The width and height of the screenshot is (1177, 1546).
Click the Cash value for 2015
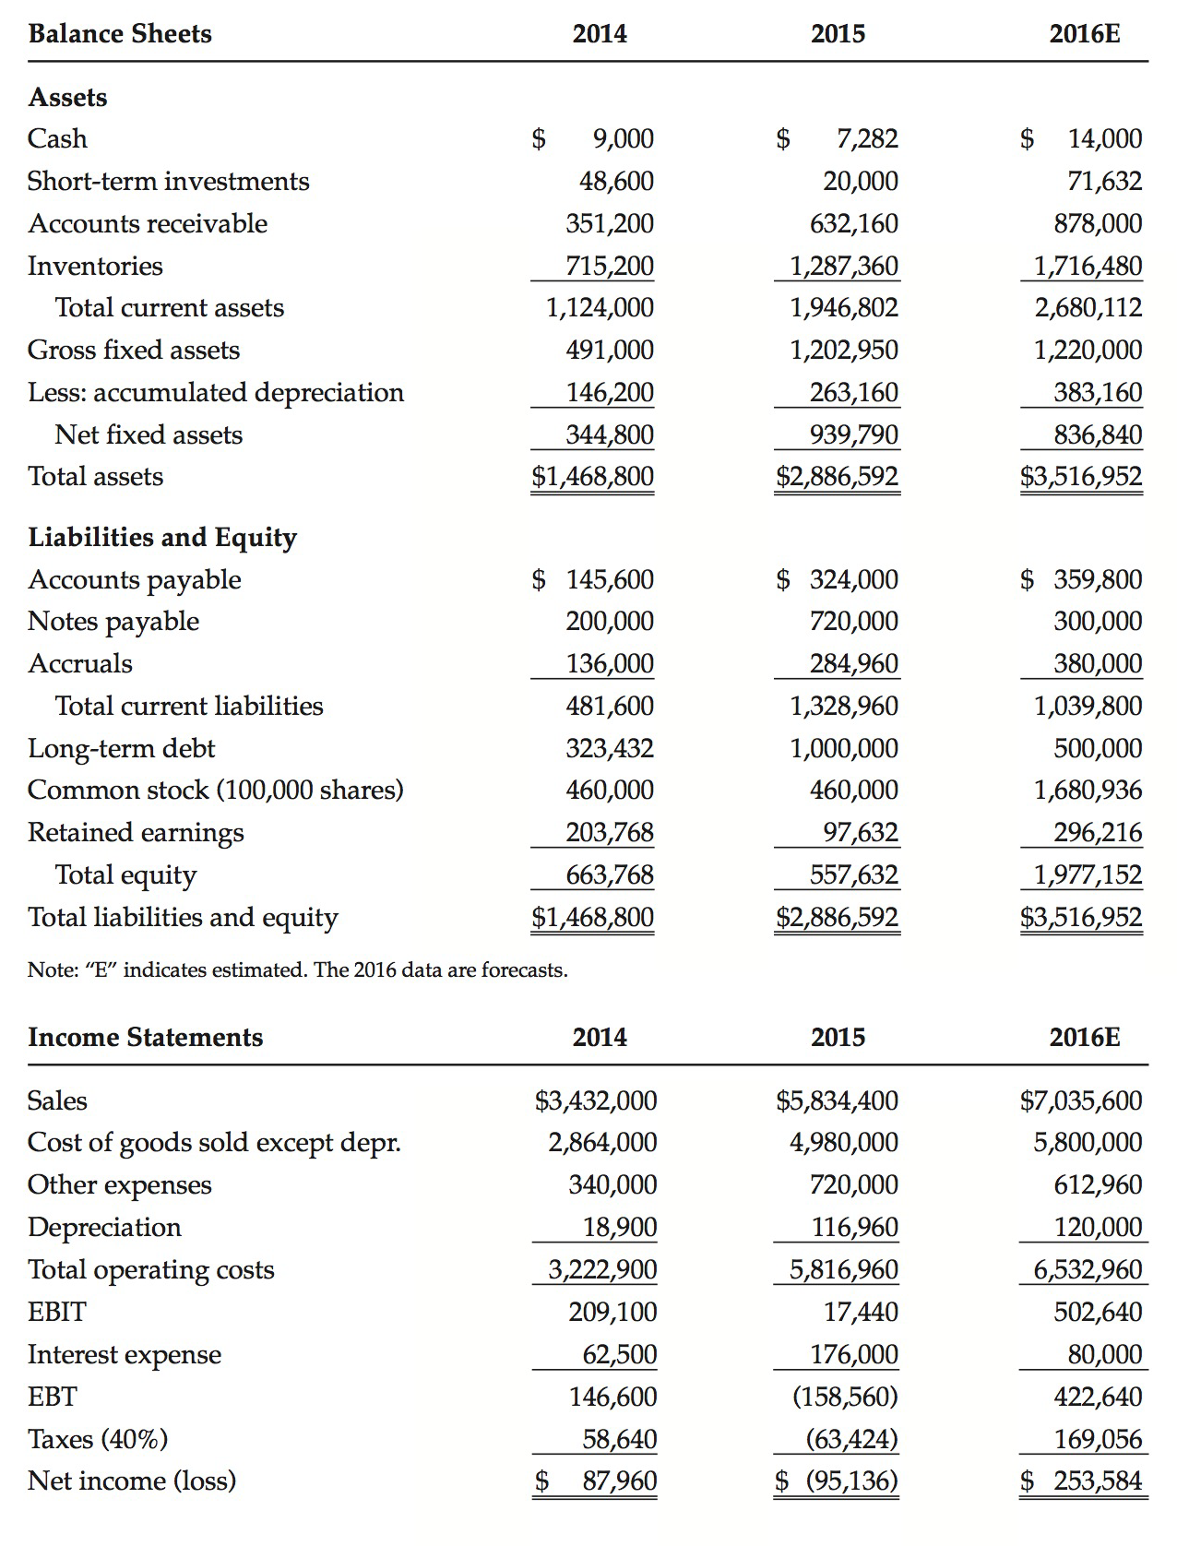(867, 138)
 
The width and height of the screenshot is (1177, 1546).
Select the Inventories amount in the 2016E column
(1088, 266)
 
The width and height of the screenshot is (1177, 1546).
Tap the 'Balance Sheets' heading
(120, 34)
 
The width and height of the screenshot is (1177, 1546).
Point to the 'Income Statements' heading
(146, 1038)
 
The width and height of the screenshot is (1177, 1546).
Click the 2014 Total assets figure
(593, 476)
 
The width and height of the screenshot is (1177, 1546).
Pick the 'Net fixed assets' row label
(149, 434)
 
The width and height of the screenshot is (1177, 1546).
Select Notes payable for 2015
(854, 621)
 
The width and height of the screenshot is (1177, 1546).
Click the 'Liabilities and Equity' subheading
(162, 537)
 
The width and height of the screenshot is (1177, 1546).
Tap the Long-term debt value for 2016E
(1098, 748)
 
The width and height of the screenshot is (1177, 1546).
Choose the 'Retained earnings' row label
(136, 832)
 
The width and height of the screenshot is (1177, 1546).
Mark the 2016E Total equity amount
(1088, 874)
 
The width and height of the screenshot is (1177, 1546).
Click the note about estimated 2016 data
(297, 969)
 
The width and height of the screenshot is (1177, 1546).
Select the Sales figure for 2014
(596, 1100)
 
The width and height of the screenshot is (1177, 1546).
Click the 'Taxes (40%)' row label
(98, 1439)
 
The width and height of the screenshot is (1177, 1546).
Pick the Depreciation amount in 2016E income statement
(1098, 1227)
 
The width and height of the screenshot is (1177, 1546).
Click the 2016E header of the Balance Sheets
(1085, 34)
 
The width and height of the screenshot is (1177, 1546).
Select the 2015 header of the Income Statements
(838, 1038)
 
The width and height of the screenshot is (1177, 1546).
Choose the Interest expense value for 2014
(620, 1354)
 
